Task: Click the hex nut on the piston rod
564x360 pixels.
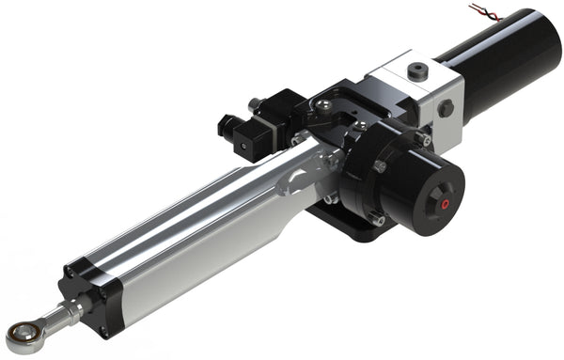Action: [x=75, y=308]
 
